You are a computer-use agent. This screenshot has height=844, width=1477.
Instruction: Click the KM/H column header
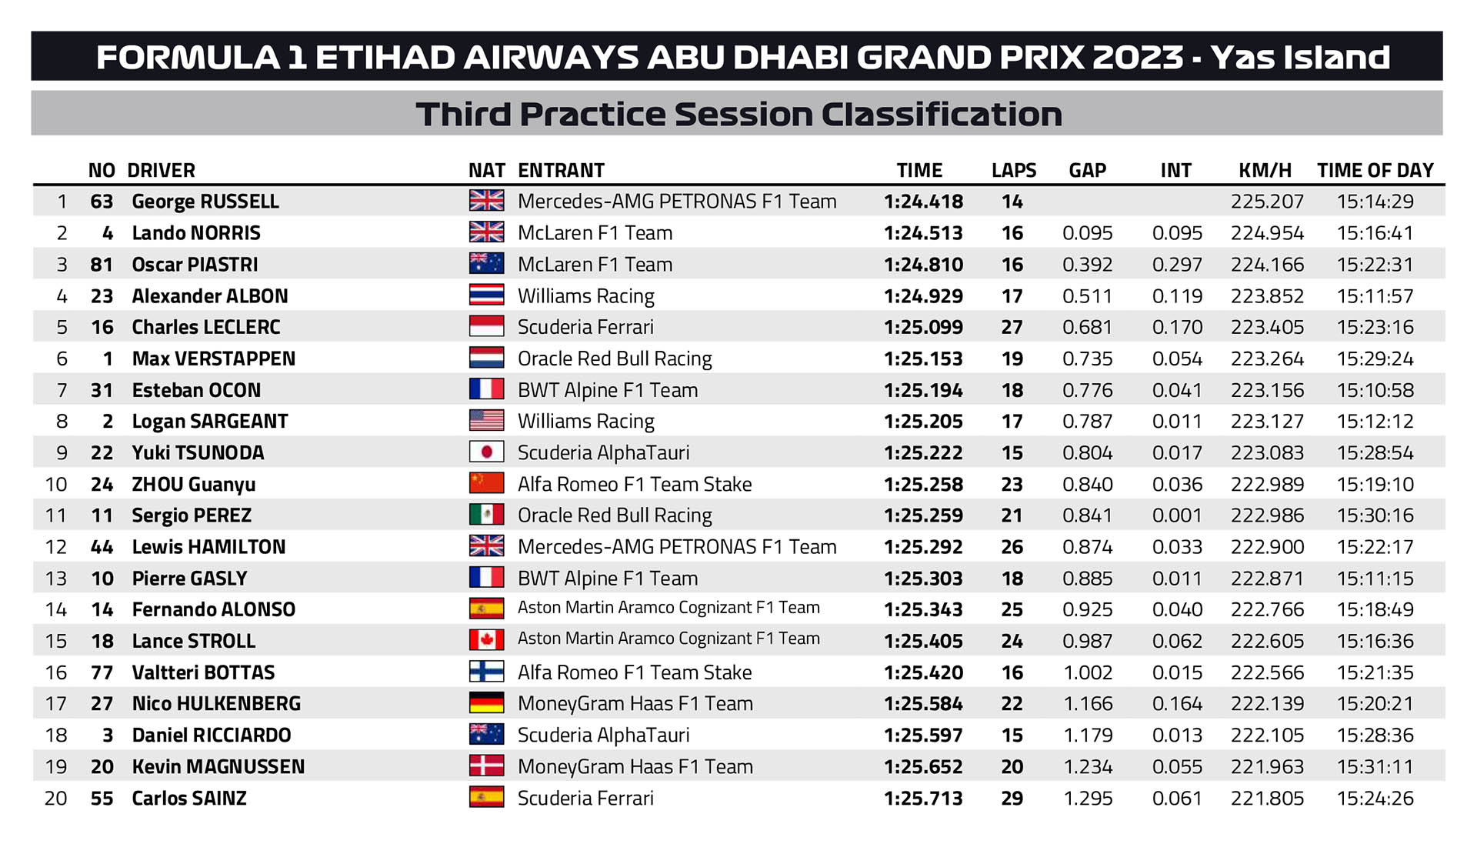coord(1265,170)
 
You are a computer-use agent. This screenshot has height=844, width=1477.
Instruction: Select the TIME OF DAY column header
coord(1375,170)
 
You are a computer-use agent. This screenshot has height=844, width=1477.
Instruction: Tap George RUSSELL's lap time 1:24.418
coord(923,202)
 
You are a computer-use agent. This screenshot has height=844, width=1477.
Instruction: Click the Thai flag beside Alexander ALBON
coord(487,295)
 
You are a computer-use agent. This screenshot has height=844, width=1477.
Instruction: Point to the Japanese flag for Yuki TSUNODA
coord(487,452)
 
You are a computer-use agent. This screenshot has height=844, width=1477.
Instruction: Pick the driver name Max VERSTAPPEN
coord(214,359)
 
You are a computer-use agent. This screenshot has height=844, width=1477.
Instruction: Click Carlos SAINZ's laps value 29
coord(1012,799)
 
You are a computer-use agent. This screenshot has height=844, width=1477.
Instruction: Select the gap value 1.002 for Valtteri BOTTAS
coord(1088,672)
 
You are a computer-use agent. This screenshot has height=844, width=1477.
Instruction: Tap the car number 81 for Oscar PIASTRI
coord(102,265)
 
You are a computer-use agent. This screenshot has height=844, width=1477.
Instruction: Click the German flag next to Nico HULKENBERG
coord(487,703)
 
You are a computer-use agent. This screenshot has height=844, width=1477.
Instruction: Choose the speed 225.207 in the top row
coord(1267,202)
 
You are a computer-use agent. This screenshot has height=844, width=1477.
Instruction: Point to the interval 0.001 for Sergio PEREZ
coord(1177,515)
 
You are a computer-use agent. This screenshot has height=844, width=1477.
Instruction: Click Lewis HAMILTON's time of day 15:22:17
coord(1375,547)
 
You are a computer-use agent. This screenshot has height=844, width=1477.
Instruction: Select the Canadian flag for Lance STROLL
coord(487,640)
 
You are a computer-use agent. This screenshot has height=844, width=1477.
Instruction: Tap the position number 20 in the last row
coord(56,799)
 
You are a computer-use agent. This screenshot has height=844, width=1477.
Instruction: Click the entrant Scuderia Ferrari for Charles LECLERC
coord(585,327)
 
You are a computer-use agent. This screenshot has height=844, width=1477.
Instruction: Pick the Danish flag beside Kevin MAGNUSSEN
coord(487,766)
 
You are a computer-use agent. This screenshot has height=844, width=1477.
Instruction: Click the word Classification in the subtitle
coord(942,115)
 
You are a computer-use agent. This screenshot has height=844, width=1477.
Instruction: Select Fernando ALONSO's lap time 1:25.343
coord(923,610)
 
